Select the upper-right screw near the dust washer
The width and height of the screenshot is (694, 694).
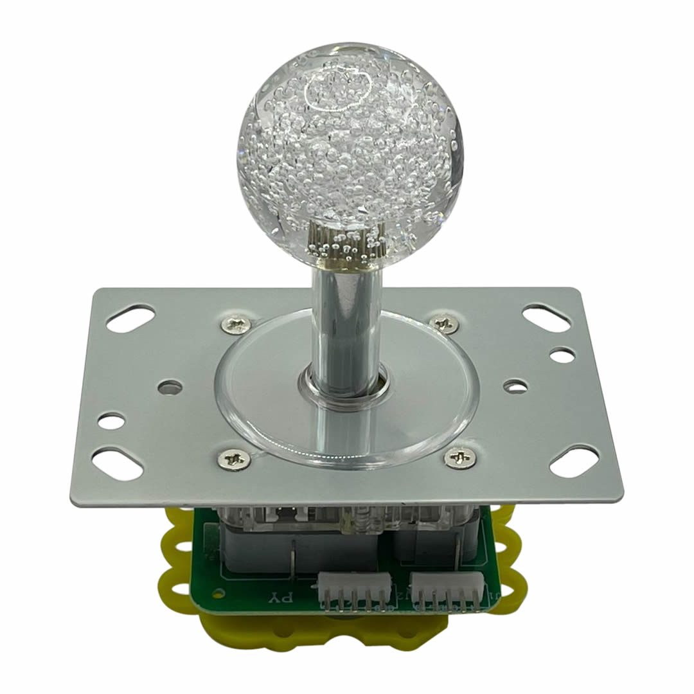click(445, 323)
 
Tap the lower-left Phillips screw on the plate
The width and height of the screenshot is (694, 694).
click(233, 459)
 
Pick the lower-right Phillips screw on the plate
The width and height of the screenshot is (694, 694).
click(460, 458)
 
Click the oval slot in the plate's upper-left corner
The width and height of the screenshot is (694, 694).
click(130, 318)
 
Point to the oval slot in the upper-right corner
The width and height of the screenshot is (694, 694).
click(546, 318)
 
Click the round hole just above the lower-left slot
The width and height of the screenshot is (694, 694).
click(111, 422)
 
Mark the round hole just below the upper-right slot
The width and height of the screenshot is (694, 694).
click(562, 355)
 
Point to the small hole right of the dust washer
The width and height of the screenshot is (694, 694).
click(515, 386)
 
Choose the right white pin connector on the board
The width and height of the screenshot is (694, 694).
click(449, 590)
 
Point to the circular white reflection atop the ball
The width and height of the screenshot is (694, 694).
click(338, 90)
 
